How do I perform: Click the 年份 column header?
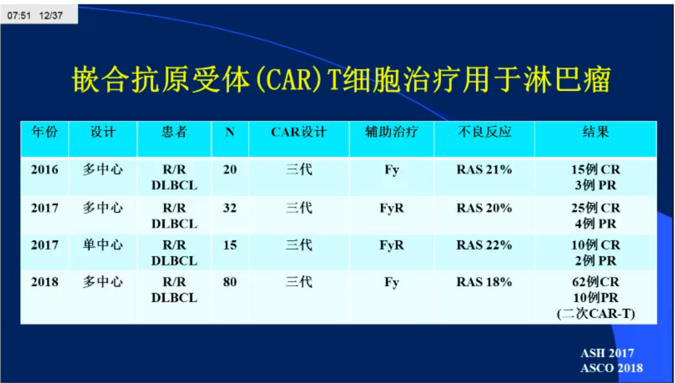45,132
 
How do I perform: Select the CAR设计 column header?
299,132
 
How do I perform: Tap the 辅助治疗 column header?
391,132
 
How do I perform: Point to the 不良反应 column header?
484,132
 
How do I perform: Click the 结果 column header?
596,132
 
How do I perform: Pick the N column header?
230,132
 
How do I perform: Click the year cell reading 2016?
45,170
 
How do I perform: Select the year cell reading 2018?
45,282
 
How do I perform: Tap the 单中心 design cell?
103,244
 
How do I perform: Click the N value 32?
230,208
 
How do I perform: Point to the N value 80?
230,282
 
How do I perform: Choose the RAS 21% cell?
484,170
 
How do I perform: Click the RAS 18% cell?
484,282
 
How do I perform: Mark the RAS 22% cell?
484,245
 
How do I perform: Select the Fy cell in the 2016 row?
392,170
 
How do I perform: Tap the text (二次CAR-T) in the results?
596,314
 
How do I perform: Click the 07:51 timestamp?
19,16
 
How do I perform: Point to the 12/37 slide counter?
51,16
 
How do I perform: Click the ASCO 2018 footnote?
612,368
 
